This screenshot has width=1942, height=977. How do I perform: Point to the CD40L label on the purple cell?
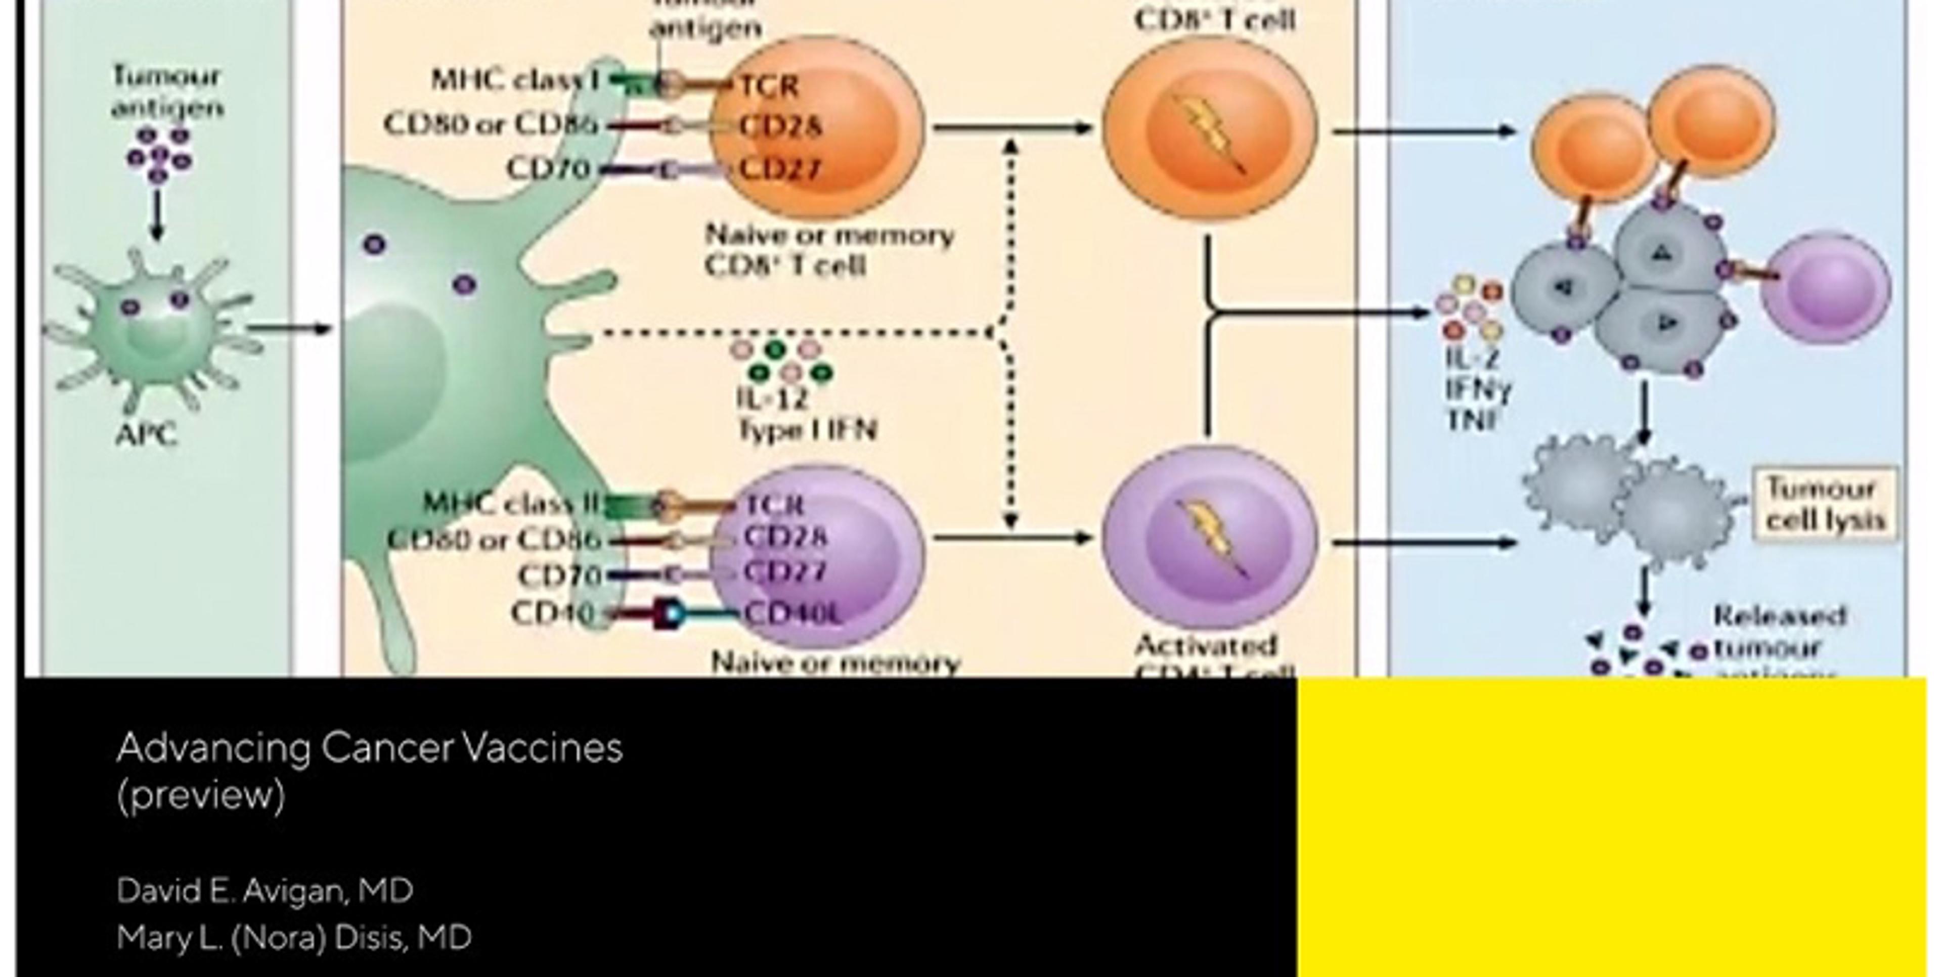(x=791, y=614)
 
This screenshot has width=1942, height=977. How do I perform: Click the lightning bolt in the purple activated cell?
(x=1211, y=538)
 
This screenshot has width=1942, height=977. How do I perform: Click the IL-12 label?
(x=772, y=398)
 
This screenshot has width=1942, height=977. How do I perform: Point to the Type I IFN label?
(x=807, y=430)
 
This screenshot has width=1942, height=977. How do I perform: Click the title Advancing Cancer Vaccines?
(x=369, y=748)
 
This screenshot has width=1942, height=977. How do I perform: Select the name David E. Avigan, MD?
(x=264, y=891)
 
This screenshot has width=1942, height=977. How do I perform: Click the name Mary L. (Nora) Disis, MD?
(x=294, y=938)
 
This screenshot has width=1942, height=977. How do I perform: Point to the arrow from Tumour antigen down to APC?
(x=157, y=215)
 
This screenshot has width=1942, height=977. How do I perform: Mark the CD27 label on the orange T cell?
(x=779, y=169)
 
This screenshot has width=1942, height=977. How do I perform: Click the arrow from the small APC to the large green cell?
(x=290, y=329)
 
